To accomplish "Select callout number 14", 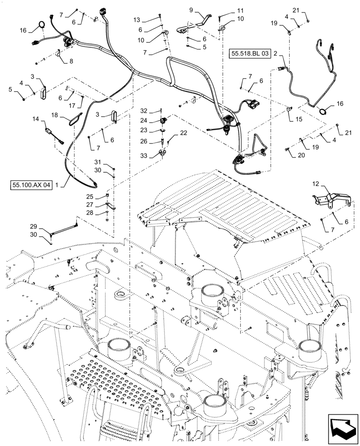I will [35, 120].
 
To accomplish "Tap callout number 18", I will [54, 115].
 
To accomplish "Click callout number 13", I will [136, 20].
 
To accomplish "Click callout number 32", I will [143, 111].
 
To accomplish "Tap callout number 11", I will [240, 10].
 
